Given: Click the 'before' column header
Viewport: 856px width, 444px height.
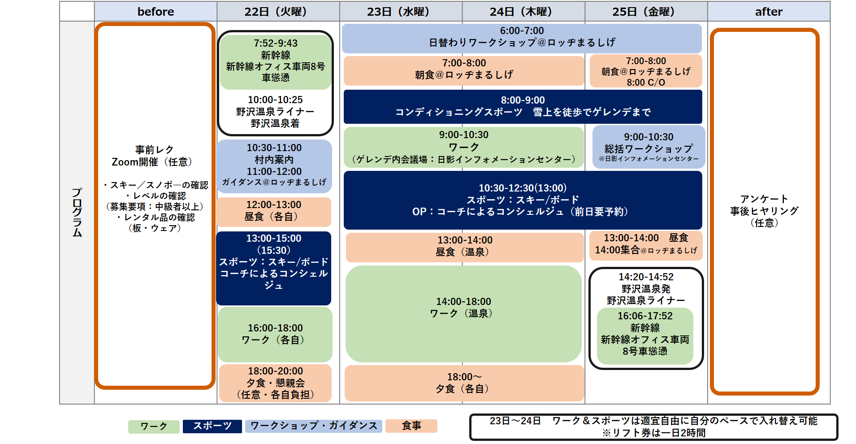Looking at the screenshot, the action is point(156,12).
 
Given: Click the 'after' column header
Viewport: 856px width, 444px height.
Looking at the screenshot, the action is point(769,12).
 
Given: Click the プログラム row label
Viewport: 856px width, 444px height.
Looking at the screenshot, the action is point(77,212).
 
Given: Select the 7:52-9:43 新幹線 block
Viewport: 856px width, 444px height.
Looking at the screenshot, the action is point(276,61).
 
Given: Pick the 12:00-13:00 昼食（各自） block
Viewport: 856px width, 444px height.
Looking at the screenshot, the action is point(274,211).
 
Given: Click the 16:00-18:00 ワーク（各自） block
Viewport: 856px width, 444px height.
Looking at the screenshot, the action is point(275,334).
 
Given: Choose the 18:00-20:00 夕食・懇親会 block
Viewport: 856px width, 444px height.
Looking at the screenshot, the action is point(275,383).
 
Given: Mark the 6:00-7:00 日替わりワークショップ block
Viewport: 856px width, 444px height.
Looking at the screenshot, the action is point(522,37).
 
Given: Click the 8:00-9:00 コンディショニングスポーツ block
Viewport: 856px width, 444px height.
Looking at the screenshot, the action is point(523,106).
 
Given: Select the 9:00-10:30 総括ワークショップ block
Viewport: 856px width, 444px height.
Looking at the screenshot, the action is point(648,147).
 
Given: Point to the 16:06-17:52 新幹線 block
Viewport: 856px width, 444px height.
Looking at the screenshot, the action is point(645,334).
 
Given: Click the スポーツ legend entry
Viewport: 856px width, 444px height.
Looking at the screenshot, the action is point(212,426).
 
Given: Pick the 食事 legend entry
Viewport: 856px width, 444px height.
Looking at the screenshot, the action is point(411,426).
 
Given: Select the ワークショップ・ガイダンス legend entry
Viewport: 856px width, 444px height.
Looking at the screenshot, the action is point(314,426).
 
